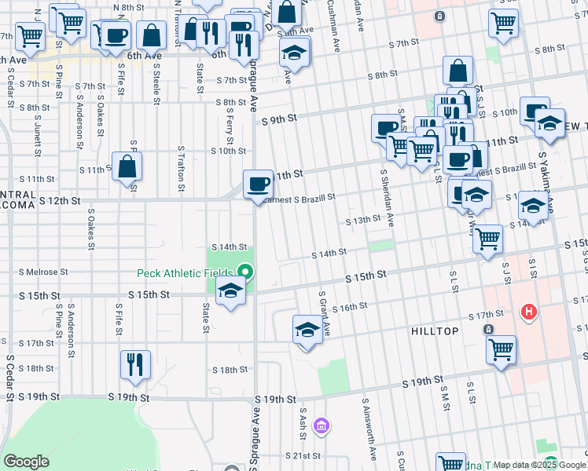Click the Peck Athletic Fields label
click(x=187, y=273)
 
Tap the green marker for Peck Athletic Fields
click(x=245, y=272)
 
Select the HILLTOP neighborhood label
click(x=435, y=331)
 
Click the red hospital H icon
click(x=529, y=312)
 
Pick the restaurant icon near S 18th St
click(x=134, y=364)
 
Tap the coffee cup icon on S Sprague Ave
click(x=259, y=186)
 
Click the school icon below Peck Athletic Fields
click(x=230, y=292)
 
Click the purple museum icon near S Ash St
click(x=321, y=426)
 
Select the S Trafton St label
click(x=181, y=168)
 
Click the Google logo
click(x=26, y=462)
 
